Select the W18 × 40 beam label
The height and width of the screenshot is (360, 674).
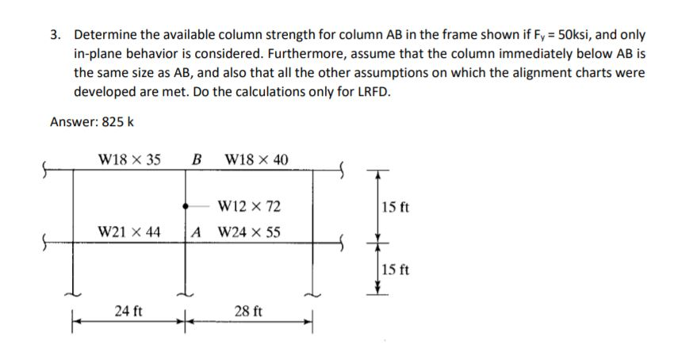point(257,159)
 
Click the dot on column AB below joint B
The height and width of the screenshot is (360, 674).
point(186,202)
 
